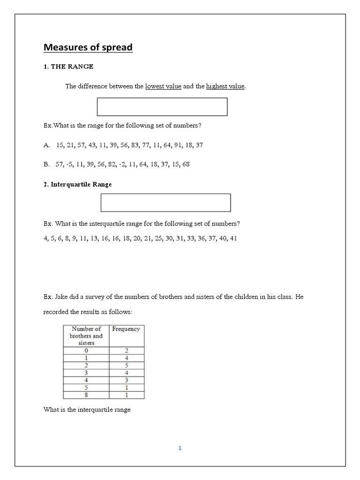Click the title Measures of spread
pyautogui.click(x=88, y=47)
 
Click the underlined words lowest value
pyautogui.click(x=163, y=86)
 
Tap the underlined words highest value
pyautogui.click(x=225, y=86)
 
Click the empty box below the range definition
pyautogui.click(x=162, y=107)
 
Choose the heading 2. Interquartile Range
pyautogui.click(x=78, y=184)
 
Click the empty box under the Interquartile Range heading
pyautogui.click(x=165, y=202)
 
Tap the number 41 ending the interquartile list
pyautogui.click(x=233, y=238)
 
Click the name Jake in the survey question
pyautogui.click(x=59, y=297)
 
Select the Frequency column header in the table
pyautogui.click(x=126, y=329)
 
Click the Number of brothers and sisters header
pyautogui.click(x=86, y=336)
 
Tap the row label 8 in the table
pyautogui.click(x=86, y=395)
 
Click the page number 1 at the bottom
pyautogui.click(x=180, y=448)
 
